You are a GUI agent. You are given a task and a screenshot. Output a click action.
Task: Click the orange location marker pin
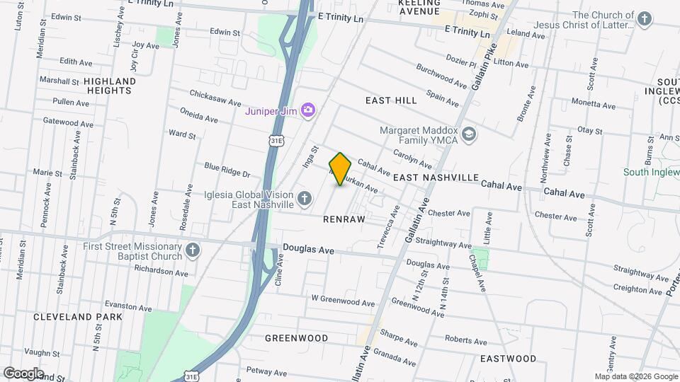pos(340,169)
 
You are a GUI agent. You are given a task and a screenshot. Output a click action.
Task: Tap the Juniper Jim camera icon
pos(308,110)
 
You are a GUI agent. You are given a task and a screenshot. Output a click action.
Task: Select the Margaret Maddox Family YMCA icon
pos(468,134)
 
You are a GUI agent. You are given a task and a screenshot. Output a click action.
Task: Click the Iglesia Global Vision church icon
pos(305,199)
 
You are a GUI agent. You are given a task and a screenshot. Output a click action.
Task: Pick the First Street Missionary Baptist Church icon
pos(193,251)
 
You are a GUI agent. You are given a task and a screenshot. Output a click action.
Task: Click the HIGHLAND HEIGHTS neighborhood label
pos(110,86)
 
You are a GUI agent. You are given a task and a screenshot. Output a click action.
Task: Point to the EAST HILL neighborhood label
pos(391,100)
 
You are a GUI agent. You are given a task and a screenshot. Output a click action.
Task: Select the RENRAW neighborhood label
pos(344,219)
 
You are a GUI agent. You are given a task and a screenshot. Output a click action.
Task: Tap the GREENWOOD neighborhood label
pos(296,338)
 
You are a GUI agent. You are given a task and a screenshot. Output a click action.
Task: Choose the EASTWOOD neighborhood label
pos(508,359)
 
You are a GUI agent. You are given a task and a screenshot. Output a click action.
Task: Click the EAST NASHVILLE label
pos(436,177)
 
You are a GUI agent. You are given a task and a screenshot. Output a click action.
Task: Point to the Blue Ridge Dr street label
pos(227,170)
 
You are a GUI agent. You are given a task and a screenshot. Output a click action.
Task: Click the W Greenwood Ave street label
pos(343,301)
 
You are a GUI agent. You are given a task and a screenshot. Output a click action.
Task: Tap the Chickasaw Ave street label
pos(216,98)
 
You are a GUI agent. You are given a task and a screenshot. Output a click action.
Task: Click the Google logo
pos(23,373)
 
